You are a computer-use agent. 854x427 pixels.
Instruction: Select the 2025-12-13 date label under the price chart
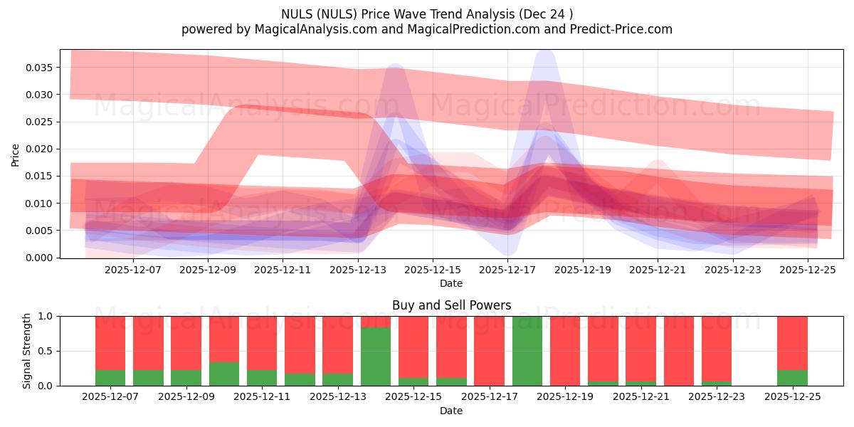point(358,270)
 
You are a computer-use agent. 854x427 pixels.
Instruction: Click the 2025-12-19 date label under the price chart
point(583,270)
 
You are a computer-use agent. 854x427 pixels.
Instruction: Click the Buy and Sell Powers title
point(451,305)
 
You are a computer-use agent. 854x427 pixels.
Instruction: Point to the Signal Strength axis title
point(26,351)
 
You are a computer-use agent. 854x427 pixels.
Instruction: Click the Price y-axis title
point(16,154)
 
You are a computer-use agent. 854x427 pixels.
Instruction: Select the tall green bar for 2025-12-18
point(527,351)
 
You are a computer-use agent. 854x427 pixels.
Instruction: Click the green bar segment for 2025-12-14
point(376,357)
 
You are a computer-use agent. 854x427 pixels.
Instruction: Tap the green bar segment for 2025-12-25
point(792,378)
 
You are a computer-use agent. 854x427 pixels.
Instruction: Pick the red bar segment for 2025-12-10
point(223,339)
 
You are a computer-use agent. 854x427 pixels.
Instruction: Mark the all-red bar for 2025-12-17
point(489,351)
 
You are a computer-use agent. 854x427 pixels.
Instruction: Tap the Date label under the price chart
point(451,283)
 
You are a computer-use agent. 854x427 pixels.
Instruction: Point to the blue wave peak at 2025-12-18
point(544,53)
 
